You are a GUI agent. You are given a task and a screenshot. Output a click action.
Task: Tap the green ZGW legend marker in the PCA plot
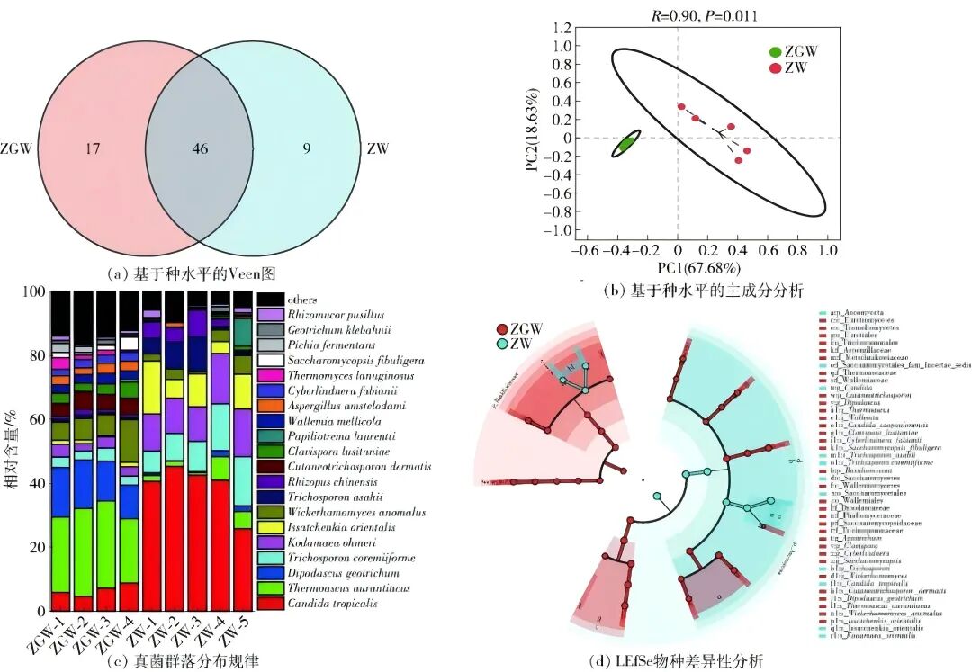[x=775, y=53]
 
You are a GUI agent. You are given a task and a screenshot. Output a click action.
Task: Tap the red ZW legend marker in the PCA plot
[x=775, y=68]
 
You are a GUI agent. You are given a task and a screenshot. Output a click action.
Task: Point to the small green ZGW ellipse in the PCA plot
[x=626, y=143]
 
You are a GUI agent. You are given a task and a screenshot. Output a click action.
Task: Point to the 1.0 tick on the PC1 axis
[x=827, y=249]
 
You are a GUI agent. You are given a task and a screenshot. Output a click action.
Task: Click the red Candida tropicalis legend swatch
[x=271, y=603]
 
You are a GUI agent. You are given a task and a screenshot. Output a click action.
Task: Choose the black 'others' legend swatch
[x=271, y=299]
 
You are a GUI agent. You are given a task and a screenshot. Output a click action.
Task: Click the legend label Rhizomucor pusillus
[x=335, y=314]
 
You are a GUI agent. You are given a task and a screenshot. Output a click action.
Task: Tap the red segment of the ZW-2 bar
[x=174, y=540]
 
